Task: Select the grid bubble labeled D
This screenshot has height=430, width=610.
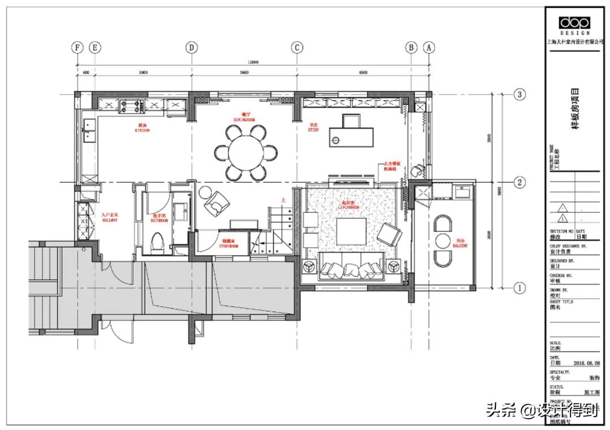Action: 192,48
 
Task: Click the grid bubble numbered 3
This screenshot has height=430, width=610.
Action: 520,94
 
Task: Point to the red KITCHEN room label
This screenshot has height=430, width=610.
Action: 142,128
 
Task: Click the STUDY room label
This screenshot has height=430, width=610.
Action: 313,128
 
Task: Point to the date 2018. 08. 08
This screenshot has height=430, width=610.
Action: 585,363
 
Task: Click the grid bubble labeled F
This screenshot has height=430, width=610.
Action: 77,48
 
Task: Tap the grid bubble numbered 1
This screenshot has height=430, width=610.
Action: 520,288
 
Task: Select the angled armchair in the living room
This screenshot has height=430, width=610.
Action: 389,234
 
